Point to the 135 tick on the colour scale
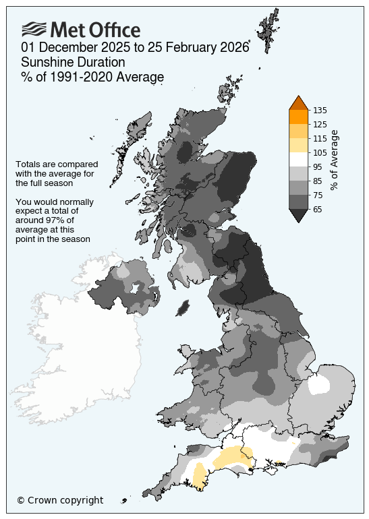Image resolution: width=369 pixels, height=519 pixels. (320, 110)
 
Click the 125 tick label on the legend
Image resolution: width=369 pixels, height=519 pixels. (320, 124)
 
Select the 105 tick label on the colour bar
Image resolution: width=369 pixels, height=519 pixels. (320, 152)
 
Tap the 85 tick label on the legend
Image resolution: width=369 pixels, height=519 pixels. (318, 181)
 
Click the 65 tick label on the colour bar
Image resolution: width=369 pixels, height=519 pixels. (318, 209)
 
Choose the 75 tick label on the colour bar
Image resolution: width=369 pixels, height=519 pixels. (318, 195)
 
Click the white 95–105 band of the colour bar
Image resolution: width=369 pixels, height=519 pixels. (299, 159)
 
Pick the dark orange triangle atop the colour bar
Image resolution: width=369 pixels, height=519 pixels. (299, 103)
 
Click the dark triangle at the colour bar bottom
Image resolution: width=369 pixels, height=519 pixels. (299, 215)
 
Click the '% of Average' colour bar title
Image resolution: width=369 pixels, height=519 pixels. (335, 160)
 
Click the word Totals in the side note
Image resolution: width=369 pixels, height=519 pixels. (29, 164)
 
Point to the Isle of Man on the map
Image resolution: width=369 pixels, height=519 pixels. (181, 307)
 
